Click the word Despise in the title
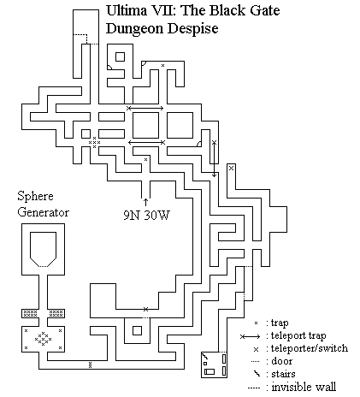click(193, 28)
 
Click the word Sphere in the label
click(35, 197)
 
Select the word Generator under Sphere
click(44, 212)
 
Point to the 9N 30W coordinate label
click(146, 215)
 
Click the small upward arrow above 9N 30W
click(146, 202)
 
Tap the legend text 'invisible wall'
click(304, 387)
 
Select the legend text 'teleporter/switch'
click(310, 348)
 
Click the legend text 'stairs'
click(283, 374)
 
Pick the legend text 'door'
click(282, 361)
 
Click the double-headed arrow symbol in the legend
click(250, 337)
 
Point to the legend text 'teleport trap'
click(298, 335)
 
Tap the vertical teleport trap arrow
click(215, 158)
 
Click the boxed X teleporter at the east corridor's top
click(231, 169)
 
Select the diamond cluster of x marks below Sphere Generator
click(44, 339)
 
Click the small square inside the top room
click(120, 56)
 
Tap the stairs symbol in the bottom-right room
click(205, 356)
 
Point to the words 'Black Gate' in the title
click(245, 10)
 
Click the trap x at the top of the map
click(162, 65)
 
